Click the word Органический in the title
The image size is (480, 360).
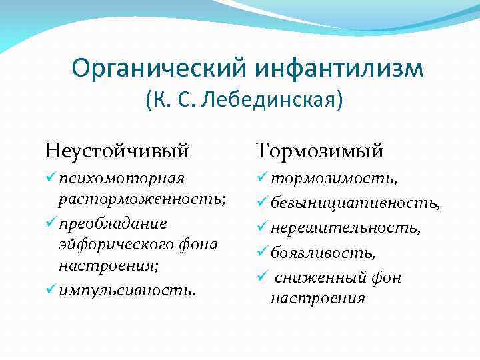(158, 68)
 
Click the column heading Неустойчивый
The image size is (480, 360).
(117, 151)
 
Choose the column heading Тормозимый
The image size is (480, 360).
(320, 151)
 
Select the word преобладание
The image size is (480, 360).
(112, 223)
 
